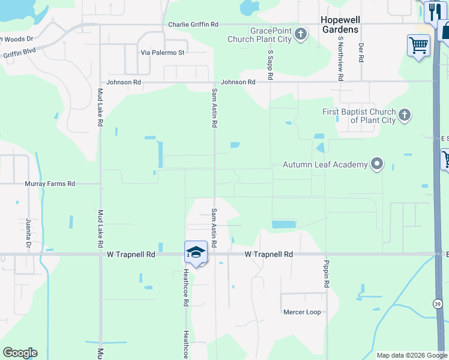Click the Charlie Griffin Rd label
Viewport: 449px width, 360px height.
(x=193, y=25)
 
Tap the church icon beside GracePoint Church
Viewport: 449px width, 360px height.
(x=301, y=34)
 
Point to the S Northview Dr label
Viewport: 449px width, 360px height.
(x=340, y=59)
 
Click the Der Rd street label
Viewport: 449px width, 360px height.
(x=361, y=53)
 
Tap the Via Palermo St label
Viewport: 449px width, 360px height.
(x=162, y=53)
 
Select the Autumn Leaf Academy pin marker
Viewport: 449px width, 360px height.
(x=377, y=163)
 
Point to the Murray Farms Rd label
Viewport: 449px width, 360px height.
(x=50, y=184)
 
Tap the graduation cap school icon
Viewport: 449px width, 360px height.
(x=196, y=252)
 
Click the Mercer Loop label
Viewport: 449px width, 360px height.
(x=302, y=312)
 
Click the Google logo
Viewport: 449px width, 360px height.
(x=20, y=353)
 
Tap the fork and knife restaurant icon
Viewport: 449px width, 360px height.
(x=433, y=11)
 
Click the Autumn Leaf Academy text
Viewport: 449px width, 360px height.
(x=325, y=164)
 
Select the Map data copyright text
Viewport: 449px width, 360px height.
(x=412, y=355)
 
